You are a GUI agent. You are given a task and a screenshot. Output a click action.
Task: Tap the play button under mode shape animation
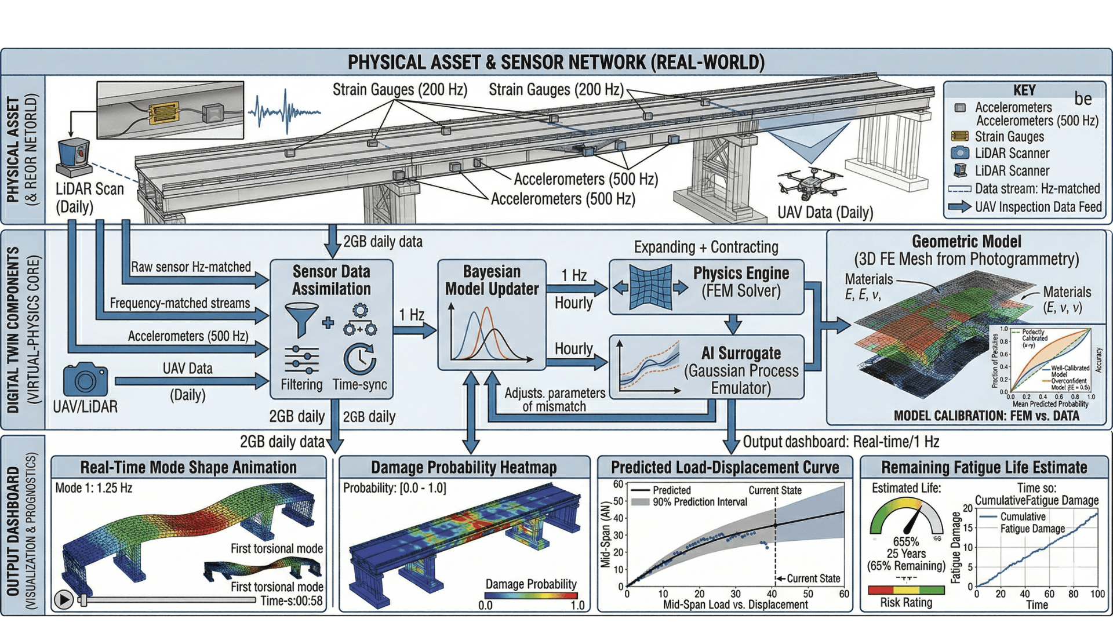(x=64, y=599)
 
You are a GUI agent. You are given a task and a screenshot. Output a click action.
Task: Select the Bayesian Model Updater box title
(x=492, y=280)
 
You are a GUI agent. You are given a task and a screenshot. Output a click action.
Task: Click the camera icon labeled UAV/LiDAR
(x=85, y=380)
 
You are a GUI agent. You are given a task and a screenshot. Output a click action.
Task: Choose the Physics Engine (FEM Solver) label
(x=741, y=282)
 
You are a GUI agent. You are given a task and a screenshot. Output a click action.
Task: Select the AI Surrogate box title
(x=741, y=353)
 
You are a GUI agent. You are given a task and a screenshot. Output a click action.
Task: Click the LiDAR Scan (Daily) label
(x=89, y=198)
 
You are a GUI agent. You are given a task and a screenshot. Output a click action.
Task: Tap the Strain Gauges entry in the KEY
(x=1009, y=137)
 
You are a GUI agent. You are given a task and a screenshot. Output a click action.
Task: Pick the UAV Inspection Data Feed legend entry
(x=1038, y=207)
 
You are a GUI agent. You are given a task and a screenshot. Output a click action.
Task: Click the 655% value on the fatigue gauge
(x=905, y=541)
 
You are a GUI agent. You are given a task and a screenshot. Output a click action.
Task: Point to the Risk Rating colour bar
(x=906, y=590)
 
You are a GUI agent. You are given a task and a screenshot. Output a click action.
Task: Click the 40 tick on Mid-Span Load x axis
(x=772, y=594)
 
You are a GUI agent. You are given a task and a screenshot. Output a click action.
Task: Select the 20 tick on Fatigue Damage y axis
(x=967, y=509)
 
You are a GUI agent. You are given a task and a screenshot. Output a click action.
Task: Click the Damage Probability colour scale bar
(x=530, y=595)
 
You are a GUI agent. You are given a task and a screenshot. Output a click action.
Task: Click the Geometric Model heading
(x=966, y=242)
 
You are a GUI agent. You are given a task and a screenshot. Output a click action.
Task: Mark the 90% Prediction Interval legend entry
(x=699, y=502)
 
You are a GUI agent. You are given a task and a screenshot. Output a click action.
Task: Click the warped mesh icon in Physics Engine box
(x=650, y=287)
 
